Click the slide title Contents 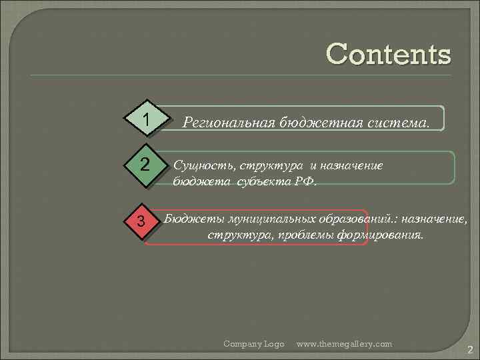pyautogui.click(x=388, y=54)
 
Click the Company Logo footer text pyautogui.click(x=253, y=343)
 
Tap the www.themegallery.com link pyautogui.click(x=344, y=343)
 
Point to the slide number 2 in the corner pyautogui.click(x=469, y=349)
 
